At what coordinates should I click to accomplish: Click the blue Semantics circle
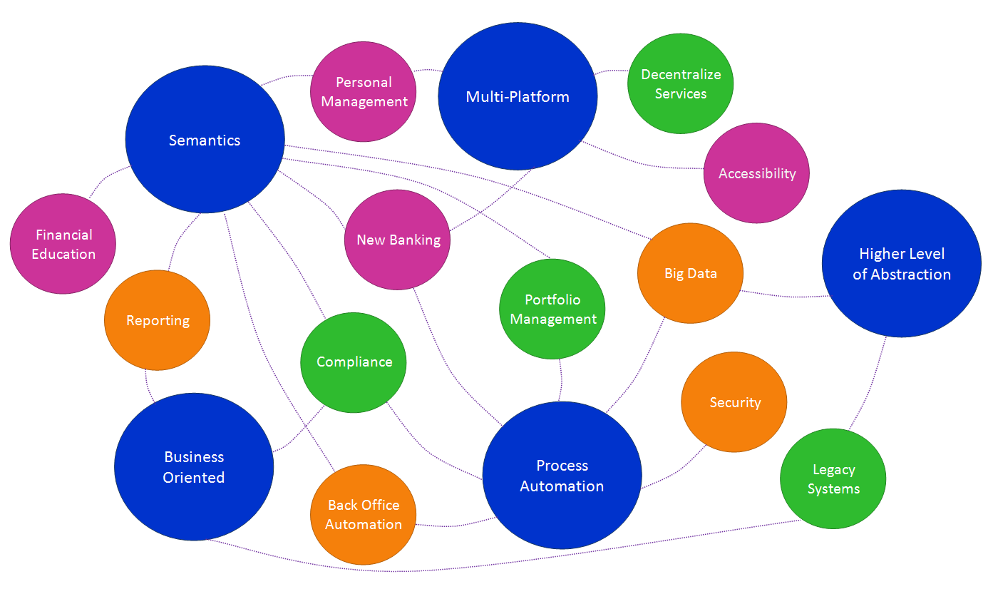click(x=205, y=140)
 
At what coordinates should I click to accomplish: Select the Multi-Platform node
click(x=518, y=96)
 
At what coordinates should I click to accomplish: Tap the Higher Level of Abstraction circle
click(x=902, y=263)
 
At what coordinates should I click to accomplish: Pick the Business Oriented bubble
click(x=194, y=467)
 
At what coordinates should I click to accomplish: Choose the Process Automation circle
click(x=562, y=476)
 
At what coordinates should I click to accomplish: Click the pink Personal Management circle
click(x=364, y=92)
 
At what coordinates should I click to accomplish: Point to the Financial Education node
click(x=63, y=244)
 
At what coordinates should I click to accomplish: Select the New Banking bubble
click(x=398, y=240)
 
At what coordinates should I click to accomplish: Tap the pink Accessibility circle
click(x=756, y=173)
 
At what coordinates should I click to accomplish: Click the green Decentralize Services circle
click(x=681, y=83)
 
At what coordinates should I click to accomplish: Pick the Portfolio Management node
click(x=552, y=309)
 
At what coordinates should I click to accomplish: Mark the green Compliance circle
click(x=354, y=362)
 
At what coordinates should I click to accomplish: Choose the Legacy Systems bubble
click(x=833, y=478)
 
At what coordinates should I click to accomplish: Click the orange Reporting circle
click(x=158, y=320)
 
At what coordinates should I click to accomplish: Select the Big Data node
click(x=690, y=273)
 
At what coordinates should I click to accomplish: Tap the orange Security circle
click(x=734, y=402)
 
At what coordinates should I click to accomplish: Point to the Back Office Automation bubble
click(x=364, y=514)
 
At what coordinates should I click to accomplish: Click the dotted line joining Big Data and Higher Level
click(x=784, y=296)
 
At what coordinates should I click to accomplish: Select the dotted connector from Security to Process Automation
click(x=677, y=471)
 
